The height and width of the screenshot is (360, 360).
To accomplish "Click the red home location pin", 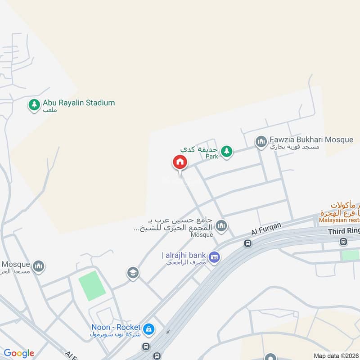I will point(180,162).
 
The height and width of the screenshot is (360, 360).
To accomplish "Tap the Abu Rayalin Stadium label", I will point(79,103).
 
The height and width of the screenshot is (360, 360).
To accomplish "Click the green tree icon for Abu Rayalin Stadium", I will point(34,105).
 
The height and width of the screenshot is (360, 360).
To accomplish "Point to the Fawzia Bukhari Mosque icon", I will point(261,142).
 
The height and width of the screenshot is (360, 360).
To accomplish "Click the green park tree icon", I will point(227,151).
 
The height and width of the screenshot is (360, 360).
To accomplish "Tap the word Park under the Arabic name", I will point(211,157).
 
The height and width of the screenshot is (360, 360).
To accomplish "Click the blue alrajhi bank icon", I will point(215,257).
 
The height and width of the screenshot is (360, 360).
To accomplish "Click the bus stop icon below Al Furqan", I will point(247,243).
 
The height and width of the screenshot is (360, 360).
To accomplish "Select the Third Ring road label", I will point(344,231).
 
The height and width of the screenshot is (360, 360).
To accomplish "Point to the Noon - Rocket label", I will point(116,327).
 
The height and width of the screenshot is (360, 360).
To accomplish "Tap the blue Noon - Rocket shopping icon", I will point(149,330).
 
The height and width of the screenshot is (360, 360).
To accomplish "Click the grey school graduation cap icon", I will point(133,273).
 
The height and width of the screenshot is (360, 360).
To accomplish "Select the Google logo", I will point(19,353).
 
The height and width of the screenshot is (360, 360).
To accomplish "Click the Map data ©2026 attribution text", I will point(336,355).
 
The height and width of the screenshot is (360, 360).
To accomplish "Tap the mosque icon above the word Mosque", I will point(221,225).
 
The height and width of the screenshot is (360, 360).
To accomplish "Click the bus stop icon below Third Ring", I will point(344,242).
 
